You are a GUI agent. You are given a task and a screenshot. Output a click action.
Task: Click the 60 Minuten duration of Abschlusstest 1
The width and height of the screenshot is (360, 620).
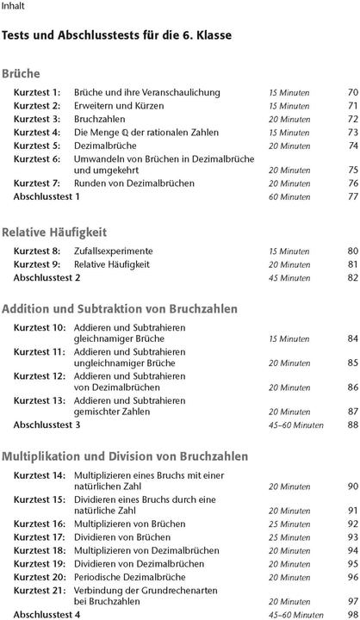[x=289, y=197]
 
